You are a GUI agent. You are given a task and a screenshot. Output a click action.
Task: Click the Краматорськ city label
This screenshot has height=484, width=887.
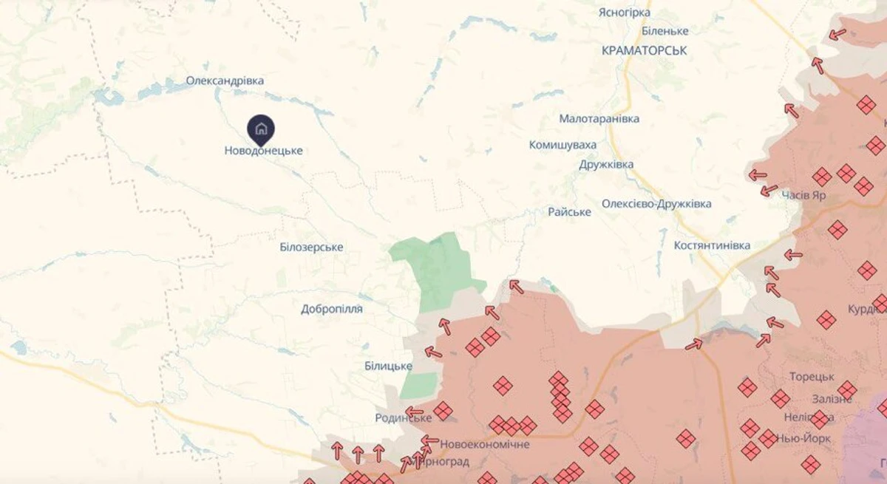pos(644,50)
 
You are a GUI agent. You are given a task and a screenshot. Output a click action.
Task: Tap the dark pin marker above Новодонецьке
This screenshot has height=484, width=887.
pos(260,129)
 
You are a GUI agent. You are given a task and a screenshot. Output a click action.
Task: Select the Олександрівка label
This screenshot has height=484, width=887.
pos(225,81)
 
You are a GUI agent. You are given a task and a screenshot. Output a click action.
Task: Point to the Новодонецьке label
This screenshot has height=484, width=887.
pos(263,151)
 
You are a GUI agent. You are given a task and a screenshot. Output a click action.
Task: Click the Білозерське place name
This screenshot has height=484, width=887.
pos(311,247)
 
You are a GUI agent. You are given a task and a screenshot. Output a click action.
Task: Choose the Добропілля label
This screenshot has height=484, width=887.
pos(331,309)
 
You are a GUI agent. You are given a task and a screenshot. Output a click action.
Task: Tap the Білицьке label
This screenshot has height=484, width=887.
pos(388,366)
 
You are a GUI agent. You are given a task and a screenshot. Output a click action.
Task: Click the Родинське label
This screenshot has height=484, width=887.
pos(403,418)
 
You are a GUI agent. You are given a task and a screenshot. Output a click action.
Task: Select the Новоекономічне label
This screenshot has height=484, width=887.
pos(485,444)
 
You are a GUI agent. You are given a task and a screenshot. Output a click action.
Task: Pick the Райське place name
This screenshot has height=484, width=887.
pos(569,212)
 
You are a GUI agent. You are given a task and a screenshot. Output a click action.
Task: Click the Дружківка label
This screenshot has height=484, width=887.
pos(606,164)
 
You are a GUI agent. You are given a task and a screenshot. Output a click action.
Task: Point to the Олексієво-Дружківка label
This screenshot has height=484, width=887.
pos(656,203)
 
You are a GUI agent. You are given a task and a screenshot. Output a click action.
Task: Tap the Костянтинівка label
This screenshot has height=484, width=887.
pos(712,245)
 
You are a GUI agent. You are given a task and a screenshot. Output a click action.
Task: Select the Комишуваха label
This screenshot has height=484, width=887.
pos(563,145)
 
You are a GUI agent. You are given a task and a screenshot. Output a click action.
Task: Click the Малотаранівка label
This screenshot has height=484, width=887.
pos(599,118)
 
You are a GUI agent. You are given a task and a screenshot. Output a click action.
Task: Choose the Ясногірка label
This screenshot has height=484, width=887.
pos(624,13)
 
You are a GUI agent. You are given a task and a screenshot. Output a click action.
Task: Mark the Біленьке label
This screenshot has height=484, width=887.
pos(665,31)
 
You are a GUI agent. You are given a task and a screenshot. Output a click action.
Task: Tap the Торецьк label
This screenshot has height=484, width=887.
pos(812,377)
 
